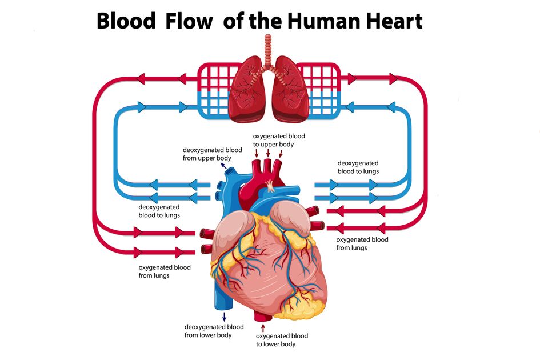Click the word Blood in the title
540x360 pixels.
click(x=126, y=21)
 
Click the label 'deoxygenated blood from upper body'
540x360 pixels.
click(x=205, y=153)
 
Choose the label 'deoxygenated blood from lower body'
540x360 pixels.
click(x=214, y=331)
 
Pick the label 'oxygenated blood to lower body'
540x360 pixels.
click(x=282, y=340)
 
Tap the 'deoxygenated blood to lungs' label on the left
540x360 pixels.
click(x=159, y=211)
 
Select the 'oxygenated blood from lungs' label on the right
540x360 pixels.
click(x=362, y=243)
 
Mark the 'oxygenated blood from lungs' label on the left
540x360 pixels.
click(x=165, y=271)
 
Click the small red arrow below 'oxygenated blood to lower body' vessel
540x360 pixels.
click(x=263, y=327)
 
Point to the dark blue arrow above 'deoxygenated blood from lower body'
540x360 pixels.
click(x=224, y=315)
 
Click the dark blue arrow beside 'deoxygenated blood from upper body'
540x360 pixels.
click(x=223, y=166)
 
